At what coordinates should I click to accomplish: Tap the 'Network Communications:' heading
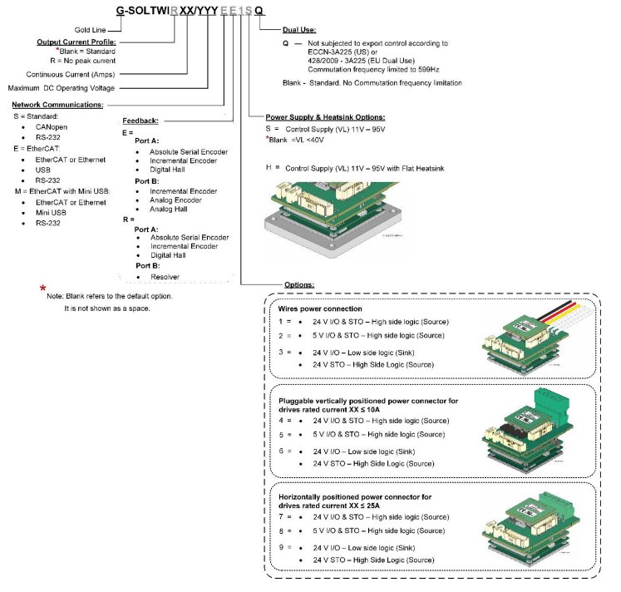tap(57, 105)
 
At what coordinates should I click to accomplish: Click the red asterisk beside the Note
tap(42, 288)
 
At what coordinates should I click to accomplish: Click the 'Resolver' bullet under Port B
tap(165, 276)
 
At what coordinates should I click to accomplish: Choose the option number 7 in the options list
tap(281, 517)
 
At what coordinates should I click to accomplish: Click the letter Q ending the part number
tap(260, 11)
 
